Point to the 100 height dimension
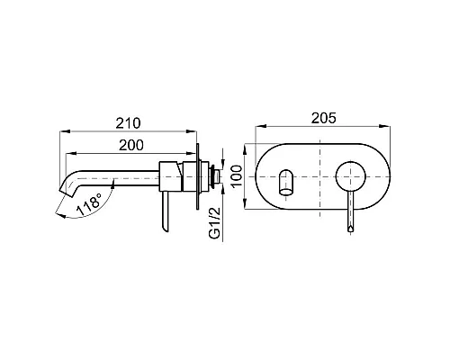(237, 175)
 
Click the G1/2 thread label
(215, 224)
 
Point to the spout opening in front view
(286, 180)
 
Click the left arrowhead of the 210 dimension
(62, 131)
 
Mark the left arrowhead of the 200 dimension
(72, 151)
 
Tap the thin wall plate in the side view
(196, 175)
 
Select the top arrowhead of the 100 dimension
(246, 146)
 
